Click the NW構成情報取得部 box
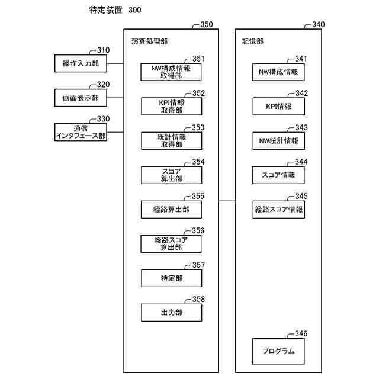(x=171, y=72)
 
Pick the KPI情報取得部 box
(x=171, y=107)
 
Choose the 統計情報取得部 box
(x=171, y=140)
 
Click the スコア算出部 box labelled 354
(x=171, y=175)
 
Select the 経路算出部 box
(x=171, y=209)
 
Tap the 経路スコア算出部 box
(x=171, y=243)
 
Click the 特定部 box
(x=171, y=278)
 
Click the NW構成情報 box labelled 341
(x=278, y=72)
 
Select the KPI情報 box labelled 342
(x=278, y=107)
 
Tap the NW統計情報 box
(x=278, y=141)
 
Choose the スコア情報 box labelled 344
(x=278, y=175)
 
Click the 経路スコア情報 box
(x=278, y=209)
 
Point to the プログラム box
(x=278, y=351)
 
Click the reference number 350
(x=207, y=25)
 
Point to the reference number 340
(x=318, y=25)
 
